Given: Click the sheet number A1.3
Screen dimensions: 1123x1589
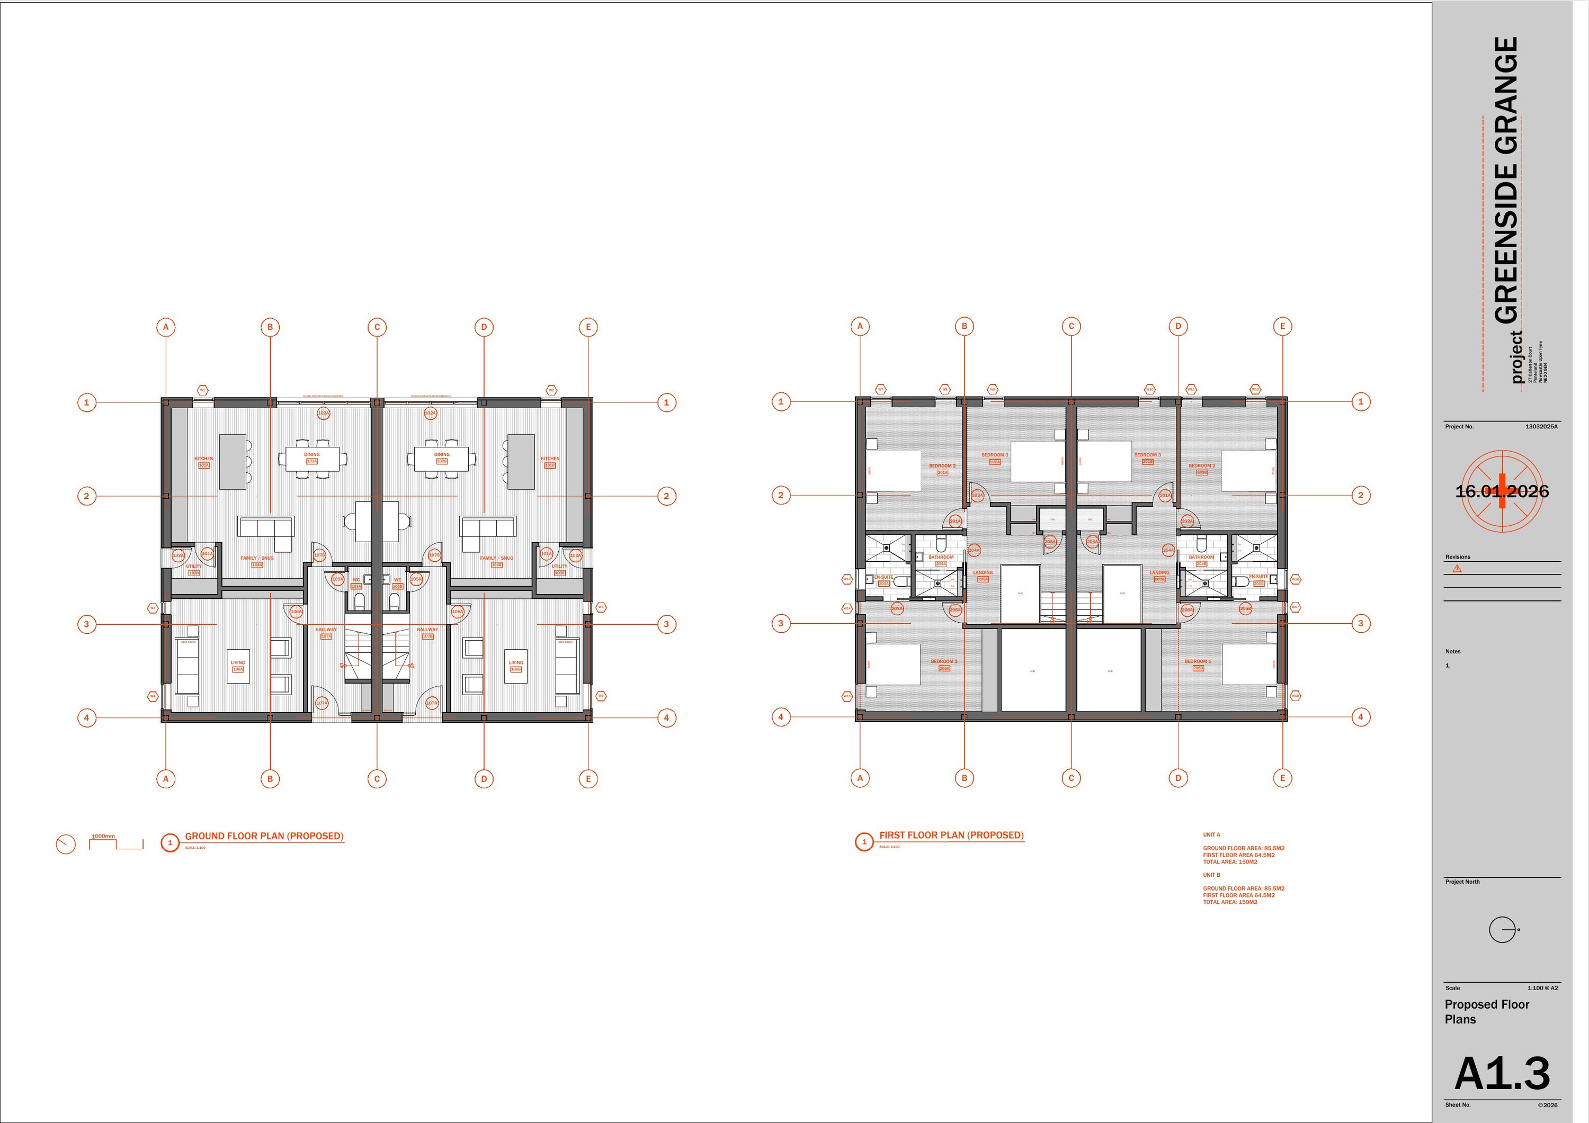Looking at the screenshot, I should click(x=1502, y=1073).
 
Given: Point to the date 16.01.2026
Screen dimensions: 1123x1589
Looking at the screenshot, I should click(x=1502, y=491).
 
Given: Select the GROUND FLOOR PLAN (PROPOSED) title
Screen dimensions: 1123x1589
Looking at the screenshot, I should click(x=264, y=836).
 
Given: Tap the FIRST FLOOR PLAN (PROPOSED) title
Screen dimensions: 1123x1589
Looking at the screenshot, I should click(x=951, y=835).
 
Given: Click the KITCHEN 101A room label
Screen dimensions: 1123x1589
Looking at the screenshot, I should click(x=203, y=462).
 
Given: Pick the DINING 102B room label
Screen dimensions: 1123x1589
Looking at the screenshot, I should click(x=442, y=457).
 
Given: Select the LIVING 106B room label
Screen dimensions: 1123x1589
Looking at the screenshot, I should click(x=515, y=666).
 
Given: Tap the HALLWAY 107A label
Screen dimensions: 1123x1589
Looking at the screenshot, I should click(x=326, y=632).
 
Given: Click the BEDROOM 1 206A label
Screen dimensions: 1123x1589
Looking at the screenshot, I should click(x=944, y=664).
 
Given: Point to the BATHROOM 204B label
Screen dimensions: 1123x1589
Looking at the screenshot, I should click(x=1201, y=560).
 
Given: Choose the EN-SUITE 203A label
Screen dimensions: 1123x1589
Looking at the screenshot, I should click(x=884, y=580).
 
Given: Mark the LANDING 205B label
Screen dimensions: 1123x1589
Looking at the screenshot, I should click(x=1159, y=575).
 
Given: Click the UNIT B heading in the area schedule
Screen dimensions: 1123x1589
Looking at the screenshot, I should click(x=1211, y=875).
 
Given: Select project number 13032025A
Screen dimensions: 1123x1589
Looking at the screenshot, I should click(x=1541, y=427).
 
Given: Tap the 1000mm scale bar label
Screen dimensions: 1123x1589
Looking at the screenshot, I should click(x=104, y=836).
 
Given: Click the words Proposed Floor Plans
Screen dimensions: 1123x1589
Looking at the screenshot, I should click(x=1487, y=1011).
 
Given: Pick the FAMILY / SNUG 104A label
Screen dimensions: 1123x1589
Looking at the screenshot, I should click(x=257, y=561).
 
